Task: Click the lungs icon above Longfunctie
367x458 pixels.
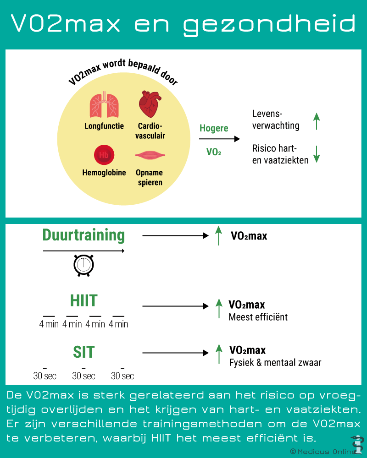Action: [x=104, y=105]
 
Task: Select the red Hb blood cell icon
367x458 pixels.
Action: [x=104, y=155]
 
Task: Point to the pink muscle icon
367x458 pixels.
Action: [x=150, y=155]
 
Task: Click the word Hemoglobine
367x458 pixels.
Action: [x=104, y=173]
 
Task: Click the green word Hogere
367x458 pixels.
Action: [x=214, y=128]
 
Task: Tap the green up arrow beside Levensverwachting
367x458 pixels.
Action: [x=317, y=121]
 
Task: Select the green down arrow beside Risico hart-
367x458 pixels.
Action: [x=317, y=154]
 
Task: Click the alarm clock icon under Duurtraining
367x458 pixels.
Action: [x=83, y=265]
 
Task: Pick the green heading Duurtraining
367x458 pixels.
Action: [x=83, y=235]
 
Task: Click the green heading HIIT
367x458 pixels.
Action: [x=83, y=300]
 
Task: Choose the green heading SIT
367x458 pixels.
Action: [x=83, y=352]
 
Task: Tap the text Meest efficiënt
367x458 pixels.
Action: [x=258, y=317]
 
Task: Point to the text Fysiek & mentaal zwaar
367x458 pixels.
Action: [x=275, y=362]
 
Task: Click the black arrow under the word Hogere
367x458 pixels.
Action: [x=219, y=139]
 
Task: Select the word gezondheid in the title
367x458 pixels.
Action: [x=269, y=24]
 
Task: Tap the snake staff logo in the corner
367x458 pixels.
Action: [x=357, y=445]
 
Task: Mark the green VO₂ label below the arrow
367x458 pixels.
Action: [x=214, y=152]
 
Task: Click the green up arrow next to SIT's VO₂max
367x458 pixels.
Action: [x=219, y=354]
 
